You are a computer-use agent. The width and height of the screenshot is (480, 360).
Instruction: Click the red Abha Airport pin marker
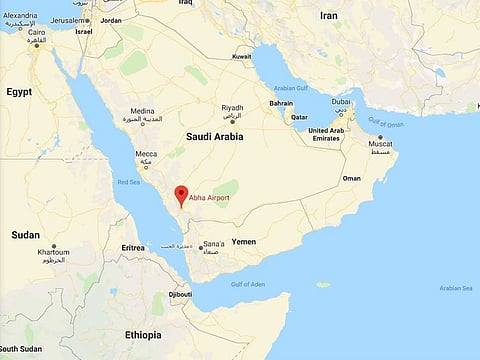pos(181,195)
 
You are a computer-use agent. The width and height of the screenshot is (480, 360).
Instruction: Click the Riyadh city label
pos(232,107)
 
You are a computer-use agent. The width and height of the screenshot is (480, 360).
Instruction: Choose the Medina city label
pos(142,112)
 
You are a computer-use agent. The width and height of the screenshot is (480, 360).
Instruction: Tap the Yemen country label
pos(244,242)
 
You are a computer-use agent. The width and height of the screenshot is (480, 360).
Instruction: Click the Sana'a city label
pos(213,244)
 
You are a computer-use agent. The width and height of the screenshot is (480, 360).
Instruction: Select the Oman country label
pos(351,178)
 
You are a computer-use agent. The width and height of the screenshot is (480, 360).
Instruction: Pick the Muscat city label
pos(381,144)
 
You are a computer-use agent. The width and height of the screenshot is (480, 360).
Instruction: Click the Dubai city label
pos(341,101)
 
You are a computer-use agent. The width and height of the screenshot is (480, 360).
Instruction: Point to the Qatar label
pos(299,117)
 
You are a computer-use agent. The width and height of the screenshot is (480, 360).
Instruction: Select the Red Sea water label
pos(129,182)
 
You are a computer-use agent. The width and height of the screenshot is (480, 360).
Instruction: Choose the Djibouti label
pos(180,295)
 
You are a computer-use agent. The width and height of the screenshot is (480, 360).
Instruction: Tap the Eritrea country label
pos(133,247)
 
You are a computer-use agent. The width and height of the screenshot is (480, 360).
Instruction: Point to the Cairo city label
pos(36,32)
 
